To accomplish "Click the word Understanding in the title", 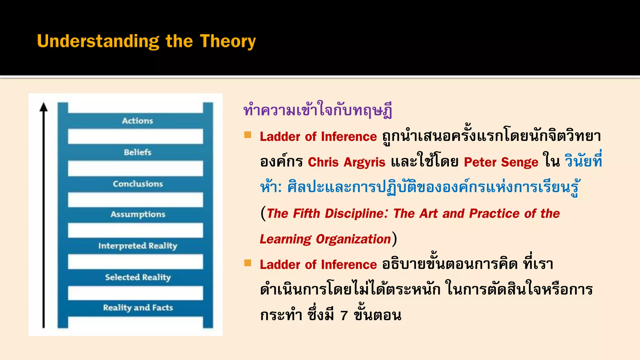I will [98, 42].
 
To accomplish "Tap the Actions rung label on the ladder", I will [137, 121].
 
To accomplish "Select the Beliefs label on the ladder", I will [137, 152].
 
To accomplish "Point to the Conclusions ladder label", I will [138, 184].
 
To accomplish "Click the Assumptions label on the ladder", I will [138, 214].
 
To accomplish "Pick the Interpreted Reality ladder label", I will [138, 246].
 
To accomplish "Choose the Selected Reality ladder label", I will [138, 277].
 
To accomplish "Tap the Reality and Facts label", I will [138, 308].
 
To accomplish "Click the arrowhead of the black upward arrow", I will [44, 107].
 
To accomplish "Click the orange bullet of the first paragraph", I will [248, 135].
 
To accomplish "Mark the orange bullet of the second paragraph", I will [248, 263].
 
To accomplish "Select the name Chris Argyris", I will [347, 162].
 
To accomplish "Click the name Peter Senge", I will [501, 162].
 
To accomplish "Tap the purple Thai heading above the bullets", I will [317, 110].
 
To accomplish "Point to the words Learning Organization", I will [325, 239].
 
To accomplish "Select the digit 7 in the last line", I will [344, 316].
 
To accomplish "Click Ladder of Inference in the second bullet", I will [318, 265].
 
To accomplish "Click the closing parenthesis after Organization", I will [395, 239].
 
